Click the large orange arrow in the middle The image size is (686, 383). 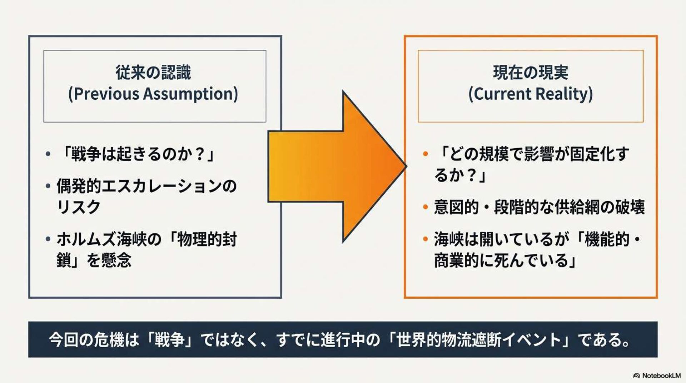point(336,166)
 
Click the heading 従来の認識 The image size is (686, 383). point(153,73)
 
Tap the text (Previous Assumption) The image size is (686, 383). point(153,94)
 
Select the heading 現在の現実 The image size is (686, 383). point(530,73)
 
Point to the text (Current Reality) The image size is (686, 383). point(530,94)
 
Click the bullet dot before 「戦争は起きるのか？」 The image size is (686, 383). point(48,154)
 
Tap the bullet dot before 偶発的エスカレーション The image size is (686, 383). point(48,186)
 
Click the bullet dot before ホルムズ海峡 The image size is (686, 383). point(48,239)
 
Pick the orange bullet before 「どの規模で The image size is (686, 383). point(425,154)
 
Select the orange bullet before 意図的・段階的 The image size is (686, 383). point(425,207)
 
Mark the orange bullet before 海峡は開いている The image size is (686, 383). point(425,239)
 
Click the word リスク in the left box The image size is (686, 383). point(79,207)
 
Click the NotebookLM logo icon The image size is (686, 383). point(636,376)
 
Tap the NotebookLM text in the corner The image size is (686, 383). point(661,376)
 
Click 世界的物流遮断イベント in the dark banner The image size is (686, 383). point(479,339)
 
